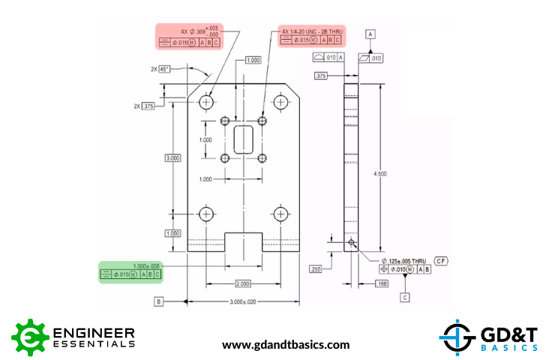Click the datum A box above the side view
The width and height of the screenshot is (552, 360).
pos(370,34)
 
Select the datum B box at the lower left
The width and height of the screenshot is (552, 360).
pos(158,301)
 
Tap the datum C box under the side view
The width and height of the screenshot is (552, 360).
pos(405,297)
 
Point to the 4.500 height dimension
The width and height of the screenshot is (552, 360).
pos(380,174)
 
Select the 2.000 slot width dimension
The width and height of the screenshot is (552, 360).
pos(243,283)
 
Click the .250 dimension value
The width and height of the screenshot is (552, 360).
pos(316,268)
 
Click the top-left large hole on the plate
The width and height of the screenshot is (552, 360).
pos(206,101)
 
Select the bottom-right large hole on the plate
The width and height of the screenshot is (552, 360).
pos(280,214)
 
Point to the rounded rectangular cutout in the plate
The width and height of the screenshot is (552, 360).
pos(244,139)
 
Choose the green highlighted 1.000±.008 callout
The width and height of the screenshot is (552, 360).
pos(131,271)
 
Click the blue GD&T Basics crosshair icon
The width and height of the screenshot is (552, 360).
pos(455,336)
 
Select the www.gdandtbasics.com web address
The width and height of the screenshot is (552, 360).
pos(286,345)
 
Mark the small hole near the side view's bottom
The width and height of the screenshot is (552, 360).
pos(352,243)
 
